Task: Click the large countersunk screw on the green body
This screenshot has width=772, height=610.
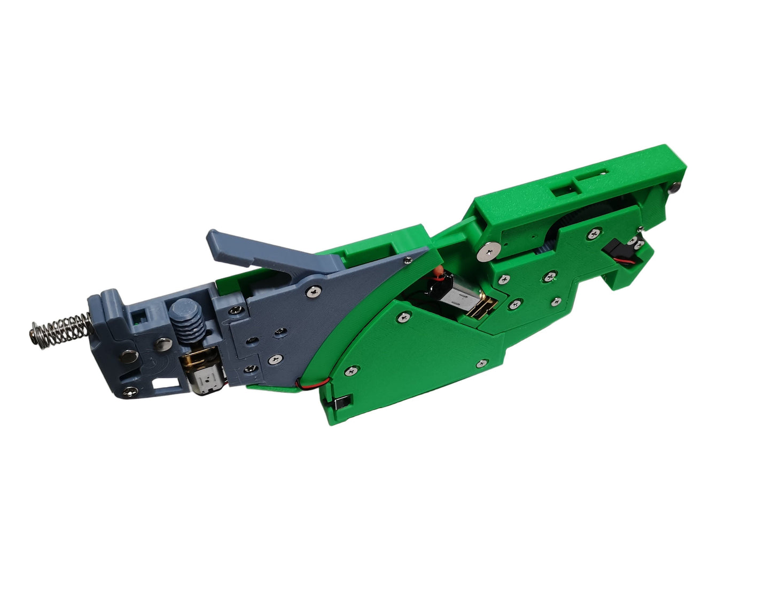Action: pyautogui.click(x=488, y=249)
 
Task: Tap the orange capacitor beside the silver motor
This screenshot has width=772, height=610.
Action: pyautogui.click(x=438, y=272)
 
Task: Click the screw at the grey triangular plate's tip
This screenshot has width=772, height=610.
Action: pyautogui.click(x=407, y=260)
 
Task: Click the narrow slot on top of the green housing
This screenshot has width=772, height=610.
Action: pyautogui.click(x=597, y=173)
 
